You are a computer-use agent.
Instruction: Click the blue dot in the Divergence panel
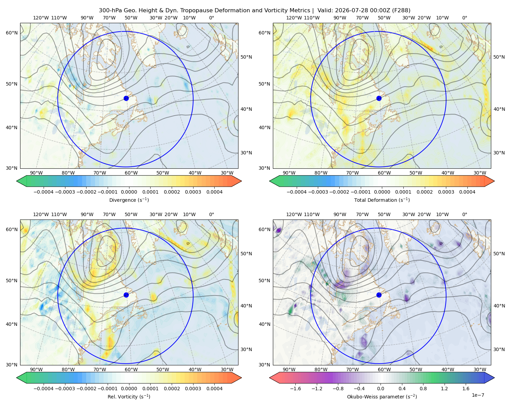(126, 98)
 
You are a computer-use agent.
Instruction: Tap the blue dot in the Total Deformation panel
(379, 98)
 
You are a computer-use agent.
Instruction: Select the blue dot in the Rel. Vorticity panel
(126, 295)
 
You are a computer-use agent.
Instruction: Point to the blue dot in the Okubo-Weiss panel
(379, 295)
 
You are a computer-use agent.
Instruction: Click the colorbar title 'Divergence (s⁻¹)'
(129, 200)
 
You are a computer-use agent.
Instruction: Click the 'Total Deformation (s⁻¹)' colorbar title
(382, 200)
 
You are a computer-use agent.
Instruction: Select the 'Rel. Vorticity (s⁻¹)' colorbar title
(129, 397)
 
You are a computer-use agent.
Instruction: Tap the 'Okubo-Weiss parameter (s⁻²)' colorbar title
(382, 397)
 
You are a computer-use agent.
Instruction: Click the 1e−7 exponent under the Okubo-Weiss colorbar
(478, 395)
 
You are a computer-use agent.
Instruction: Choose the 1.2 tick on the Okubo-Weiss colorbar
(444, 389)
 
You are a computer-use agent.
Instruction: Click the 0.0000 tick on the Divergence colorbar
(129, 192)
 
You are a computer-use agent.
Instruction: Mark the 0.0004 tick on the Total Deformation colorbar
(467, 192)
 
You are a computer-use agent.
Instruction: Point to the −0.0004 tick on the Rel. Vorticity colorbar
(44, 389)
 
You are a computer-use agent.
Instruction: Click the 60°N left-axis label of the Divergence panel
(12, 33)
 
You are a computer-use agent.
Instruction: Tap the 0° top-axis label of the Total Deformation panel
(464, 18)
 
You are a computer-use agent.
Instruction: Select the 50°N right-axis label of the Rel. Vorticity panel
(246, 254)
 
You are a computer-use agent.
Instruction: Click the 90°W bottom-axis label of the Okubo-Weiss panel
(289, 369)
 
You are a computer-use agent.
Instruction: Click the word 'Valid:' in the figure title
(325, 11)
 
